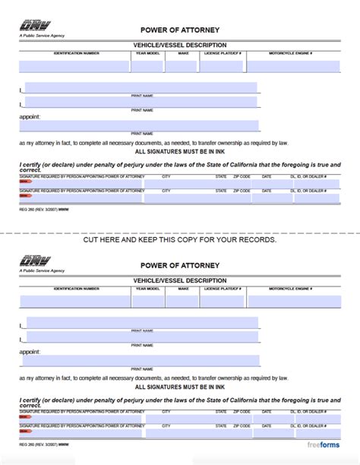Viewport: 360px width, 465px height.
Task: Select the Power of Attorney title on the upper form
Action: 180,30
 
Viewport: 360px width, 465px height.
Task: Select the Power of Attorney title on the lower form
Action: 180,265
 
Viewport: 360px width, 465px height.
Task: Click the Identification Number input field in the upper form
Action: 75,65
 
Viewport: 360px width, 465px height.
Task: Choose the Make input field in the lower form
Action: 182,300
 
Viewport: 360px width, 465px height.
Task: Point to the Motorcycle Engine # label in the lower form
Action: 291,288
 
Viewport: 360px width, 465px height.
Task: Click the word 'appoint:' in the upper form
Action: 30,117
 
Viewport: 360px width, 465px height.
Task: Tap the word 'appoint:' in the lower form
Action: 30,352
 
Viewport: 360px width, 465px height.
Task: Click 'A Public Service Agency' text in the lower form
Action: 43,270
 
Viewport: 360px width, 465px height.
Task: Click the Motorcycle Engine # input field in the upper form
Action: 291,65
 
